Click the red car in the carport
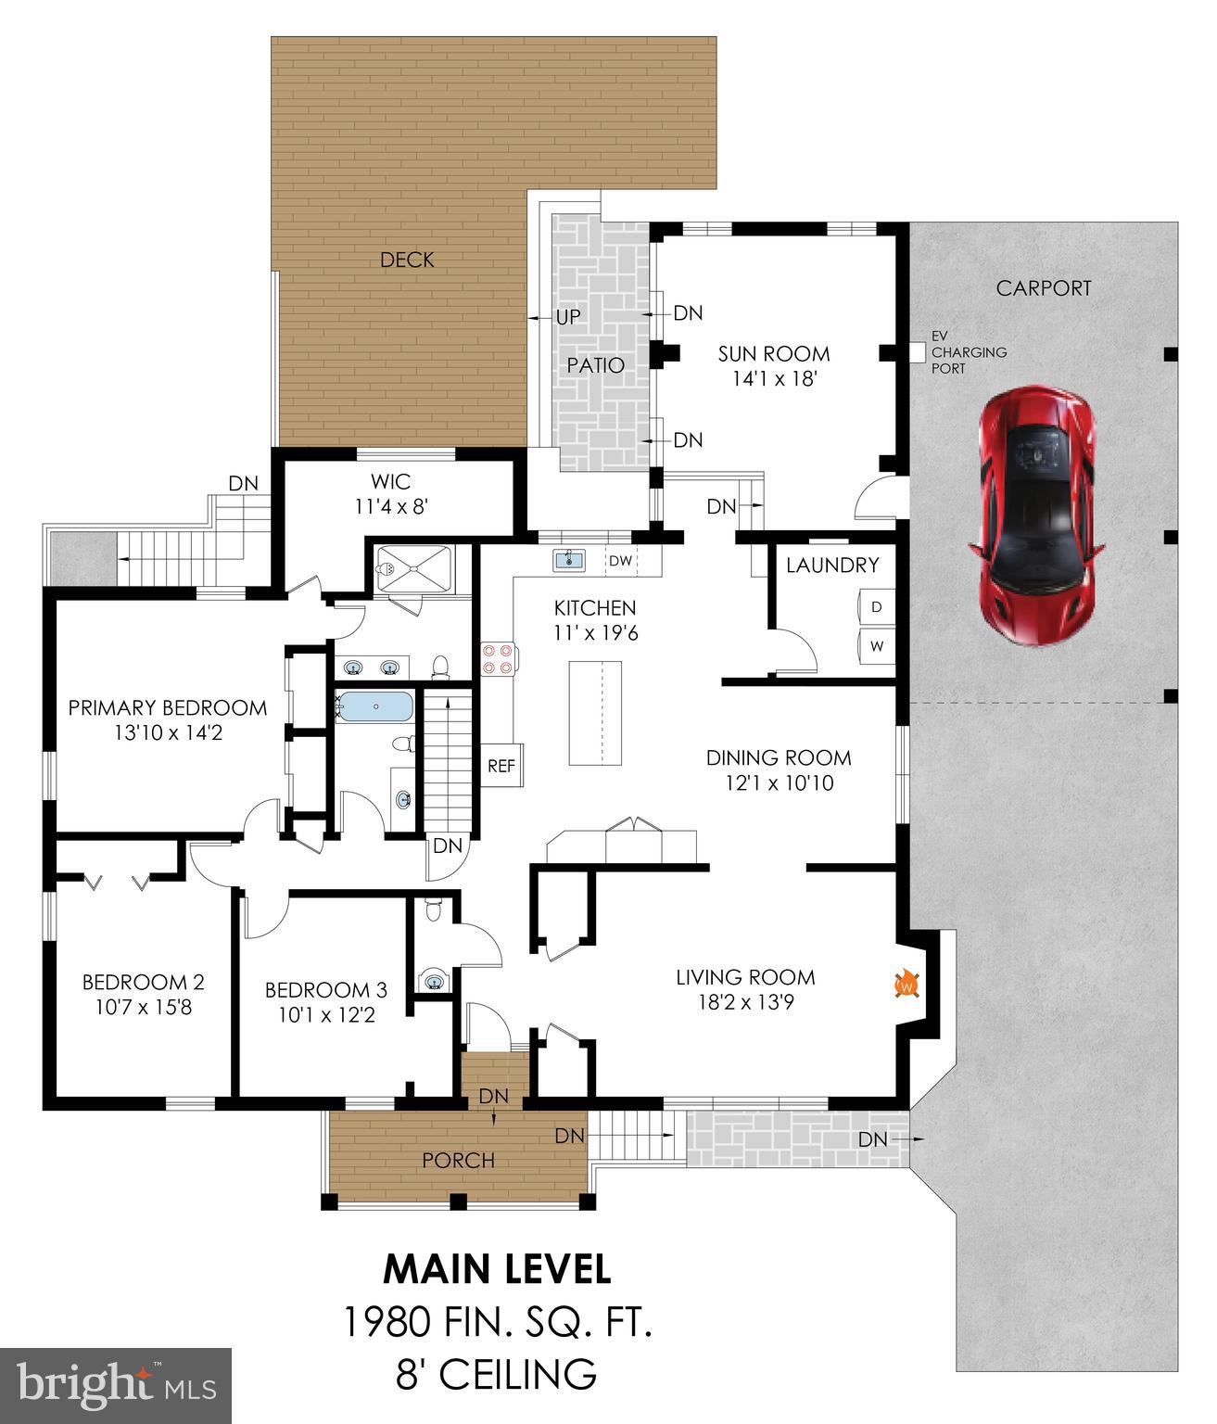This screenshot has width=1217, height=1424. point(1037,516)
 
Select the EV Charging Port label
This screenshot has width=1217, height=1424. point(969,353)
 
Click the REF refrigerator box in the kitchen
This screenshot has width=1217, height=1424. point(501,766)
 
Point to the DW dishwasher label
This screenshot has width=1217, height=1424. point(620,561)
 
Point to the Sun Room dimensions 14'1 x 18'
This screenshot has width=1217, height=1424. point(774,378)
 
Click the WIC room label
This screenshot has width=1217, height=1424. point(390,482)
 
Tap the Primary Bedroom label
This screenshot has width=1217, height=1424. point(168,708)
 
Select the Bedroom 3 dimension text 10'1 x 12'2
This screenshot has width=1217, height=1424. point(326,1015)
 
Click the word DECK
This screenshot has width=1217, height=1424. point(407,260)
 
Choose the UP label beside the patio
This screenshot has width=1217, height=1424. point(568,317)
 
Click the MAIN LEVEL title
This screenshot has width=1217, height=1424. point(498,1269)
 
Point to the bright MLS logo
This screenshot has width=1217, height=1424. point(116,1385)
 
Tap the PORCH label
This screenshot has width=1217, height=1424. point(459,1160)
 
